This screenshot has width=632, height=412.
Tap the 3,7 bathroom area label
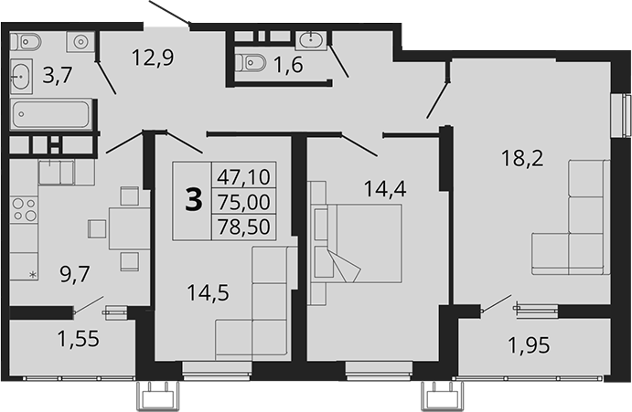(x=58, y=76)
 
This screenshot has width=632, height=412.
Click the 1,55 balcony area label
(x=78, y=341)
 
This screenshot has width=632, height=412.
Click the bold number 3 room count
(x=193, y=200)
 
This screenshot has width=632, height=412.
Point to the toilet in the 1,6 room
(x=249, y=62)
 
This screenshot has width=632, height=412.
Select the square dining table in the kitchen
(x=128, y=223)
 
